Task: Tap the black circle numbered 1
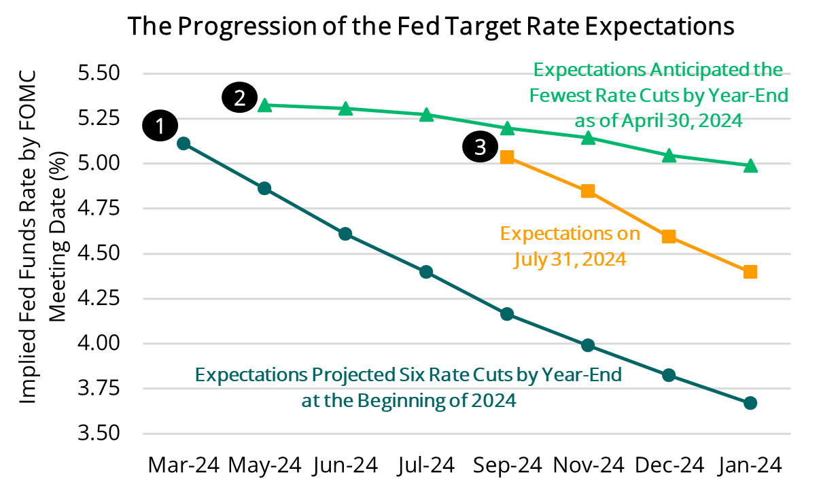coord(160,126)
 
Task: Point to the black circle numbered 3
coord(481,147)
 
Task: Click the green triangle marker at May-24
coord(265,105)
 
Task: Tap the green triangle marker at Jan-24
coord(750,165)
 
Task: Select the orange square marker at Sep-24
coord(507,158)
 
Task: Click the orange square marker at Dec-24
coord(669,236)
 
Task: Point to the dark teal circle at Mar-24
coord(183,143)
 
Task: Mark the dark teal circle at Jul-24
coord(426,272)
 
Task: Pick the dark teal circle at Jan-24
coord(750,403)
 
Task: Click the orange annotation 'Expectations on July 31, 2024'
coord(570,247)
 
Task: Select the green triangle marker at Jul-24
coord(426,115)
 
